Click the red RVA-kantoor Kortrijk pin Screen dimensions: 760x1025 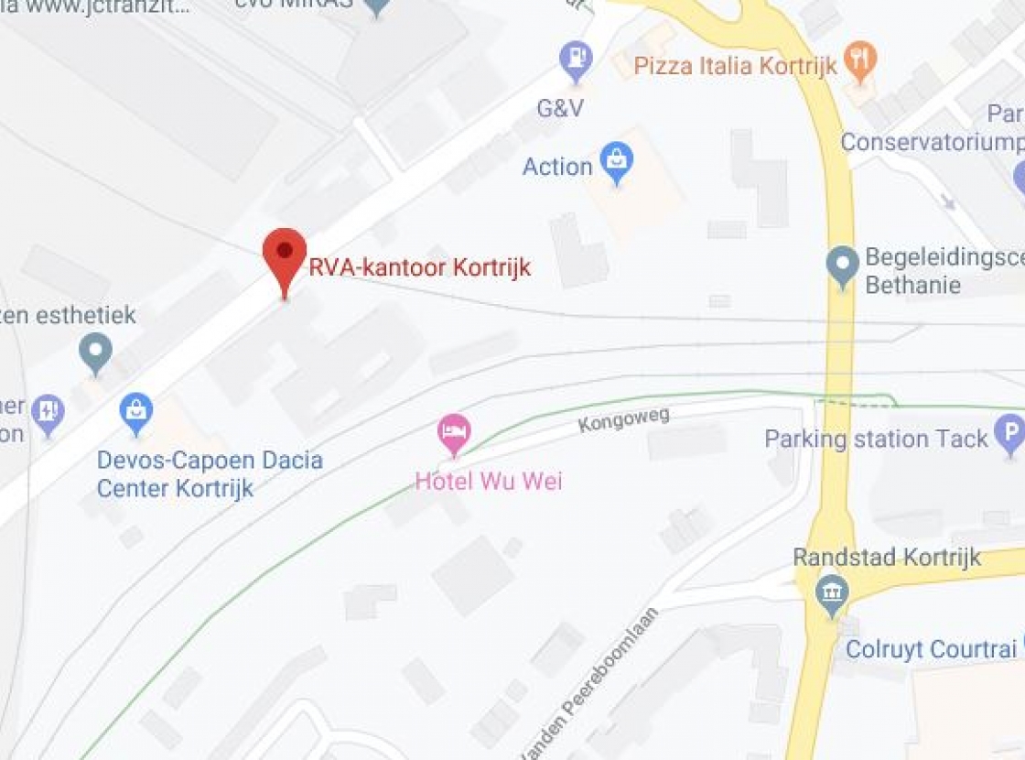click(x=285, y=255)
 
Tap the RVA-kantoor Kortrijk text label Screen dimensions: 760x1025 click(x=419, y=268)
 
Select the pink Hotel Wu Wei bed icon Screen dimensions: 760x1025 click(x=454, y=433)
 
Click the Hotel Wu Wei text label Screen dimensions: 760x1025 click(x=489, y=481)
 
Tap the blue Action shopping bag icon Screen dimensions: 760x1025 click(x=617, y=162)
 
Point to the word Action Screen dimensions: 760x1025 click(x=557, y=167)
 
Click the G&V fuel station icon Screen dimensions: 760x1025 click(x=576, y=60)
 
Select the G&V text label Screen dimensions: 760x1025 click(x=560, y=108)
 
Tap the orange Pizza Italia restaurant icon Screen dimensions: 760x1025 click(x=859, y=60)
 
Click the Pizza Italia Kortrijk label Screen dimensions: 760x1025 click(x=736, y=66)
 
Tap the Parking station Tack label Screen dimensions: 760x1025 click(x=877, y=439)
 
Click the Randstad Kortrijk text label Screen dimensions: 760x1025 click(x=887, y=557)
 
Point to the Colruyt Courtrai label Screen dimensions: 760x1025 click(x=931, y=649)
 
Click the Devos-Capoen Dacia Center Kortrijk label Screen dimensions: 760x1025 click(x=210, y=473)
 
